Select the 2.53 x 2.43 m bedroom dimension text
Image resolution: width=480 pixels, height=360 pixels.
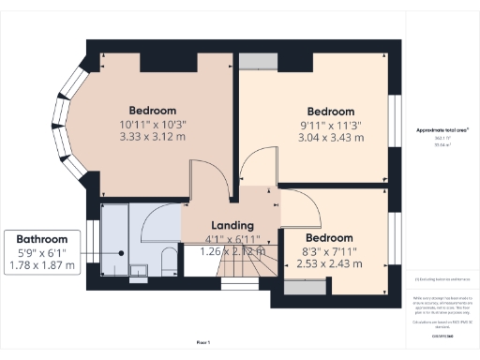click(329, 264)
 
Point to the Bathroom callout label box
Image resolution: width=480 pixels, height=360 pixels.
click(46, 252)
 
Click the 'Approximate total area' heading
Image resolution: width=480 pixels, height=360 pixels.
click(442, 129)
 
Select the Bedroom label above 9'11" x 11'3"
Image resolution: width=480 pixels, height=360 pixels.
click(330, 111)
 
